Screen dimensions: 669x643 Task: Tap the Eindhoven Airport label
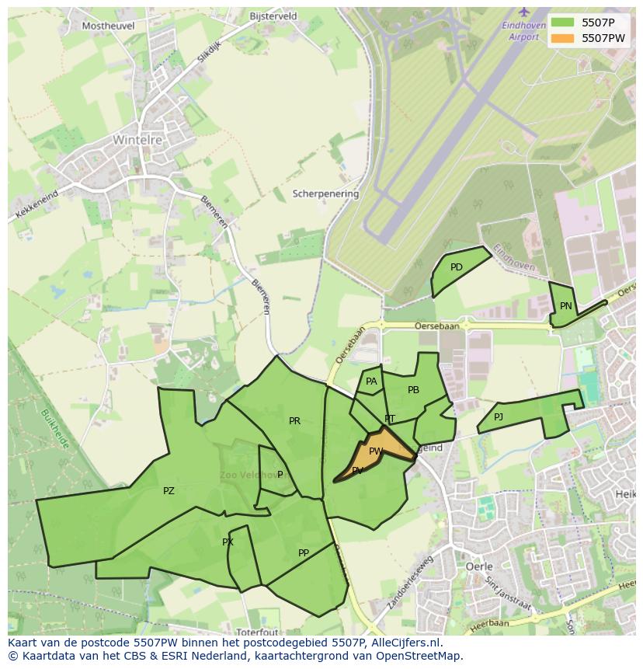pos(520,31)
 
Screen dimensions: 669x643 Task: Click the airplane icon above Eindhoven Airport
pos(523,12)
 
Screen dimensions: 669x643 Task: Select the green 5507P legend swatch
pos(563,23)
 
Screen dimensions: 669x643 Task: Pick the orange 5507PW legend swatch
pos(563,38)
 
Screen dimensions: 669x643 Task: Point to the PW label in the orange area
pos(376,451)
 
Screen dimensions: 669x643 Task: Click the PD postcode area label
pos(457,267)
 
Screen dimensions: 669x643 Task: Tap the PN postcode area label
pos(566,306)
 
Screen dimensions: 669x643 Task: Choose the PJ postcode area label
pos(499,417)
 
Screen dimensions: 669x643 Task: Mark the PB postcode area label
pos(413,390)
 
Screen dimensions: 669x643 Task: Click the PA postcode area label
pos(371,382)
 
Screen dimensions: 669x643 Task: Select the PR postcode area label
pos(294,421)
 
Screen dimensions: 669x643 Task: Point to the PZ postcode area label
pos(169,491)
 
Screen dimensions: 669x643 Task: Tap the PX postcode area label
pos(228,542)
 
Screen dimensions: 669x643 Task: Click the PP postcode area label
pos(304,553)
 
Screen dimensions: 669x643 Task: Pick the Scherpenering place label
pos(325,193)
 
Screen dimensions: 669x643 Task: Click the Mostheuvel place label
pos(108,26)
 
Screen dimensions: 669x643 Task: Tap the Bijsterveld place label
pos(273,16)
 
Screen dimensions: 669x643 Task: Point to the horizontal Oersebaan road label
pos(436,326)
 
